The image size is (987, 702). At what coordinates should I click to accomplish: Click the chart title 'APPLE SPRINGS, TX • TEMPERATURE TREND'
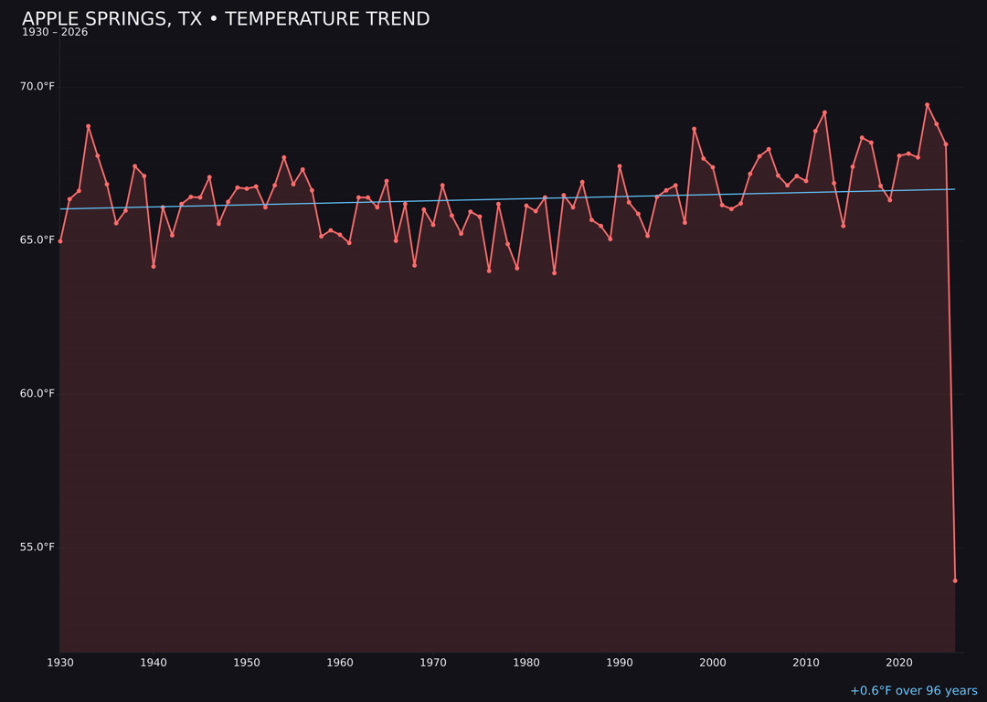click(226, 19)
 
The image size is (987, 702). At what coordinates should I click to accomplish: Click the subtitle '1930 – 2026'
click(55, 33)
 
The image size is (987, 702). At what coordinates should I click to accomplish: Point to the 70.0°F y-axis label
click(38, 87)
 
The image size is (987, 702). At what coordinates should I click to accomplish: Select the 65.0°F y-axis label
click(38, 240)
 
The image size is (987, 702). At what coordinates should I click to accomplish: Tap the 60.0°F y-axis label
click(38, 394)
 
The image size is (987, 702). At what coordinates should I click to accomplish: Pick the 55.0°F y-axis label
click(38, 548)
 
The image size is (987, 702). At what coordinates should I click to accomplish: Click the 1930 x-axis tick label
click(60, 663)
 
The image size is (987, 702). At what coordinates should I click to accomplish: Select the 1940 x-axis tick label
click(154, 663)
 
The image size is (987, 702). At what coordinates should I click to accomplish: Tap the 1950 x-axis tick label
click(247, 663)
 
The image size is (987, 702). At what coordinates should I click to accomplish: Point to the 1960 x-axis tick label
click(340, 663)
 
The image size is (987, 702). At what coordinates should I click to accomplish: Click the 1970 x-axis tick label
click(433, 663)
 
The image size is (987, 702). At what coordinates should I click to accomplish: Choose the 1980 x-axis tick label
click(526, 663)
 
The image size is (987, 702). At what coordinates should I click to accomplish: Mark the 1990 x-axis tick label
click(620, 663)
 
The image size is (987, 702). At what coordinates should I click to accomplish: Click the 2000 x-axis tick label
click(713, 663)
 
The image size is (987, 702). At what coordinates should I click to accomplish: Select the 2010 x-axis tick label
click(806, 663)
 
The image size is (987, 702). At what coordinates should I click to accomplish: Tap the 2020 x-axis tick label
click(899, 663)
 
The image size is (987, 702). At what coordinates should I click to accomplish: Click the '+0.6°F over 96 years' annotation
click(913, 691)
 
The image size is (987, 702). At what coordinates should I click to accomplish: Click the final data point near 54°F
click(955, 580)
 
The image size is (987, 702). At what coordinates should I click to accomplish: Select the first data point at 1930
click(60, 241)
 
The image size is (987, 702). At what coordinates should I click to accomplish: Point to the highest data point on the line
click(927, 105)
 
